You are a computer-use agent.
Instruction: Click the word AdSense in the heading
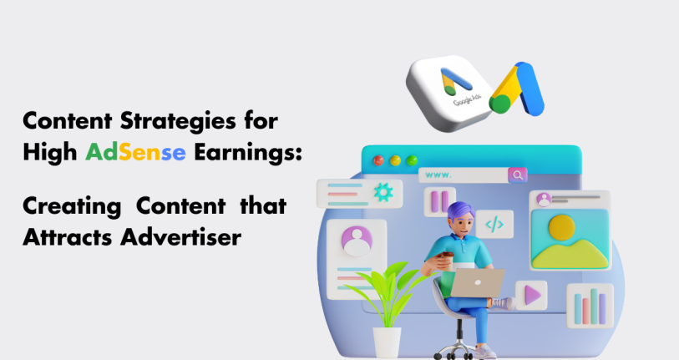point(135,153)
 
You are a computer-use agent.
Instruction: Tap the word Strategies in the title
point(178,121)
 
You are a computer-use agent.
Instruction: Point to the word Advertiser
point(181,237)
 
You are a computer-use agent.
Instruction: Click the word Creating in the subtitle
point(72,206)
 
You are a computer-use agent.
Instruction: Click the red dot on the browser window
point(378,160)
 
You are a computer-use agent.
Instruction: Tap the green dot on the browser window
point(412,160)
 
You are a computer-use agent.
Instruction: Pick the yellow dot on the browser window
point(395,160)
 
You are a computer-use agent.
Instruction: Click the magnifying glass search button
point(518,175)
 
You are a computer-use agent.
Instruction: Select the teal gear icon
point(383,192)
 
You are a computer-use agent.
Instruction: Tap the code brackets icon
point(494,225)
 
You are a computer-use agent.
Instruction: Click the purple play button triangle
point(533,296)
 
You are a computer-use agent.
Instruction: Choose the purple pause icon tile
point(439,202)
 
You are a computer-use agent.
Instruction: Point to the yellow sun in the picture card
point(561,227)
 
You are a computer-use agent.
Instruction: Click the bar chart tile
point(590,306)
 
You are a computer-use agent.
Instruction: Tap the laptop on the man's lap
point(478,283)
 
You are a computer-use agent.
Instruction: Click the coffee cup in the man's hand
point(447,261)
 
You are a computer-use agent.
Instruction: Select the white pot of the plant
point(387,342)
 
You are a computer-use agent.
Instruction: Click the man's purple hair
point(460,211)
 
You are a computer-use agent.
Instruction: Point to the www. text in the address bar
point(438,175)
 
